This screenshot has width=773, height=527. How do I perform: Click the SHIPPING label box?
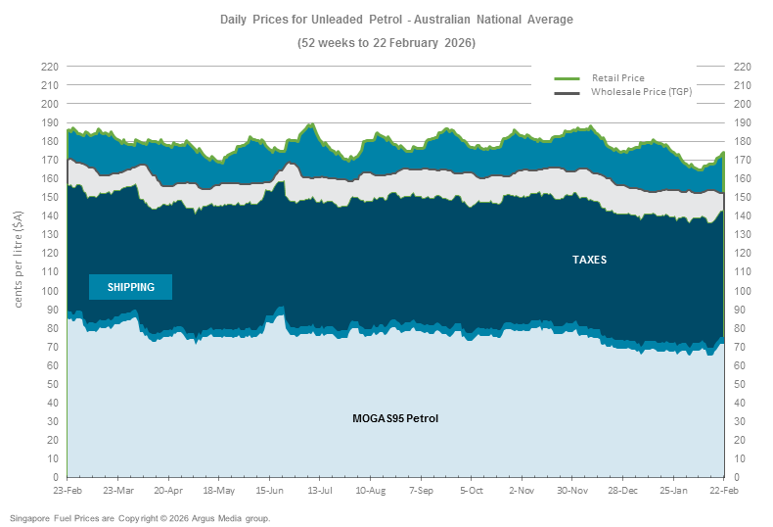coord(130,287)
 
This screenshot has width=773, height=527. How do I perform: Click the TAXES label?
coord(590,260)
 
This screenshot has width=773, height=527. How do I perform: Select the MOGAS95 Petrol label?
coord(395,418)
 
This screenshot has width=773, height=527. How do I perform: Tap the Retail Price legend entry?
coord(617,77)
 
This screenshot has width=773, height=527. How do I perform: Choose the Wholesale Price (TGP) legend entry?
coord(641,91)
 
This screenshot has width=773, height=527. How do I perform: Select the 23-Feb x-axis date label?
coord(68,490)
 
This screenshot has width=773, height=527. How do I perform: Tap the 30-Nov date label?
coord(573,490)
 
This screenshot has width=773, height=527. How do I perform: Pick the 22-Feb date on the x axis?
coord(723,490)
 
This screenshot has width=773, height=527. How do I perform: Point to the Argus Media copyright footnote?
coord(140,517)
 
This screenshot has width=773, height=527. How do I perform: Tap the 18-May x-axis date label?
coord(219,490)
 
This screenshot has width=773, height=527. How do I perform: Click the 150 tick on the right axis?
coord(742,197)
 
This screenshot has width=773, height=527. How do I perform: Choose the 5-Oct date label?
coord(472,490)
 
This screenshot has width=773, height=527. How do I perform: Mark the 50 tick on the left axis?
coord(52,384)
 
